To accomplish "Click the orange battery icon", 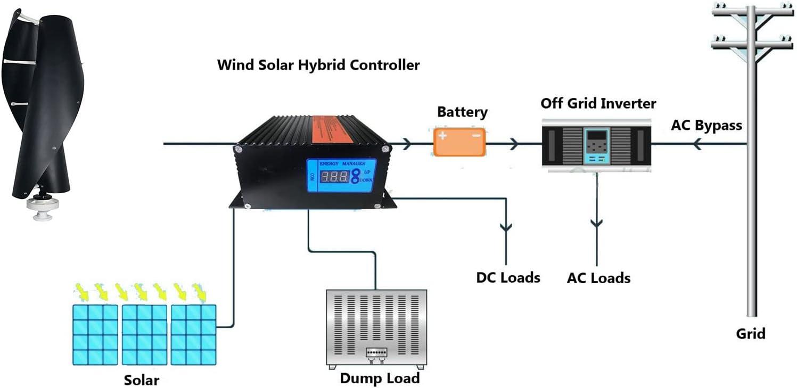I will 459,142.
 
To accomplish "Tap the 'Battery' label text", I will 462,112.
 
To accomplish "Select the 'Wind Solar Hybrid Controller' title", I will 318,65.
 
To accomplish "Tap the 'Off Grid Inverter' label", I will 598,103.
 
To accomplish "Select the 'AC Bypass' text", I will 706,126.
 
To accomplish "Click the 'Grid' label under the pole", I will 751,334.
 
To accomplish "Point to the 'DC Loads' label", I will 508,277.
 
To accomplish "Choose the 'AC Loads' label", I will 598,278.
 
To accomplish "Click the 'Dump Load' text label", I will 380,378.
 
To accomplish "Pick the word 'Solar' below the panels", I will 142,380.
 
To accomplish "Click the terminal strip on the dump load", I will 376,353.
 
